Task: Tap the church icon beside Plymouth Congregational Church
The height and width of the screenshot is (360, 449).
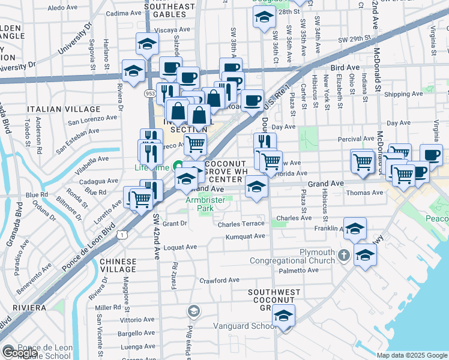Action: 343,256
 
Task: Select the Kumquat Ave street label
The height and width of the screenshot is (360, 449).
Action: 245,236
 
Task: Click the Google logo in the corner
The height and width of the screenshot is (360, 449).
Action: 20,353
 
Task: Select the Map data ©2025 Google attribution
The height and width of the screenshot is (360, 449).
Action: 411,355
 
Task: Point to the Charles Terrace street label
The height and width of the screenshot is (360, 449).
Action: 241,224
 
